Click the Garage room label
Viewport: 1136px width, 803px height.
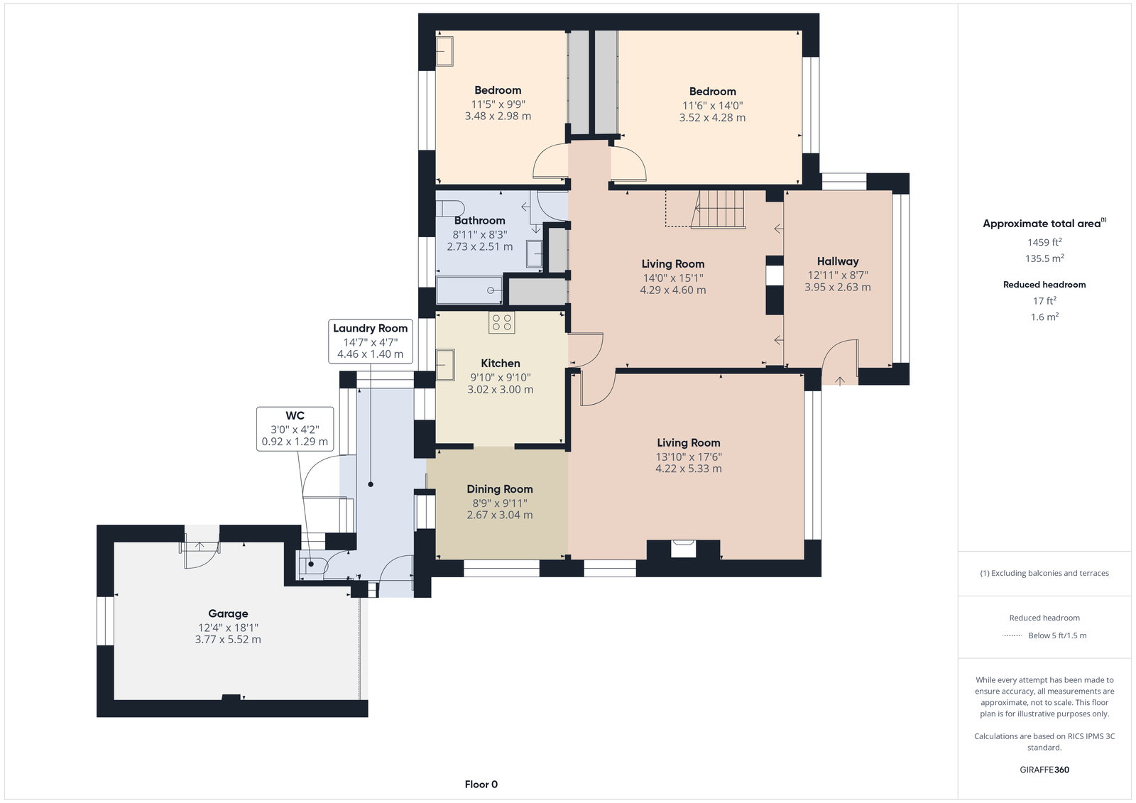[x=228, y=613]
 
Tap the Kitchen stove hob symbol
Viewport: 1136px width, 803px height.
[x=501, y=322]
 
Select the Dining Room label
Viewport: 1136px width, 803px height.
[x=500, y=489]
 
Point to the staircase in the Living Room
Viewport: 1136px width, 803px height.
[x=718, y=209]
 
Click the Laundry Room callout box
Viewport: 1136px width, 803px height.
[x=370, y=342]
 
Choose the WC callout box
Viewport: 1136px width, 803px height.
[x=295, y=429]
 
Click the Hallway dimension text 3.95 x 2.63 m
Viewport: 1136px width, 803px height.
[x=837, y=287]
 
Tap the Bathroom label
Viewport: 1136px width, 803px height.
[x=479, y=220]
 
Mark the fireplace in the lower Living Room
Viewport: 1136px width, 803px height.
[x=683, y=550]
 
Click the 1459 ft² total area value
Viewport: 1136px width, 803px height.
[x=1044, y=242]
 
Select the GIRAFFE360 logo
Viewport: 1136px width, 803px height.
[x=1044, y=770]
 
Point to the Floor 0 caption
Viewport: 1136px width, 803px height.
[x=481, y=785]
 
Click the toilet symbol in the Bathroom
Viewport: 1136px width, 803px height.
[x=450, y=208]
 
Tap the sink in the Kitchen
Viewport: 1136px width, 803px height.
[x=444, y=365]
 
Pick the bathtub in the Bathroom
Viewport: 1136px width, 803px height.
[x=469, y=290]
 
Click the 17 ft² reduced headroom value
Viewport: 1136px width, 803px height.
[x=1044, y=301]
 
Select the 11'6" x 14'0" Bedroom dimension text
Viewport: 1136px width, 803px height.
[x=712, y=106]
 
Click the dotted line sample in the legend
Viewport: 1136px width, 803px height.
[x=1012, y=635]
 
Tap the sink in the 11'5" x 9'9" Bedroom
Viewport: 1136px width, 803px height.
[x=444, y=50]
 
